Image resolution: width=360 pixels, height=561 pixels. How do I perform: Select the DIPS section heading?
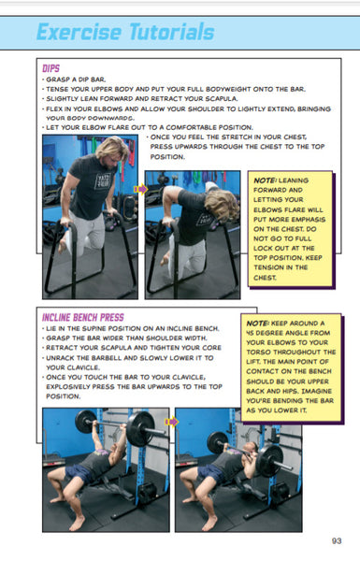(51, 68)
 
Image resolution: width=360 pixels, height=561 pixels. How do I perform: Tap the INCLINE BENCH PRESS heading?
(83, 318)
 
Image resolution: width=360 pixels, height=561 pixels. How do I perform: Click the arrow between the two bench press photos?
(170, 423)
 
